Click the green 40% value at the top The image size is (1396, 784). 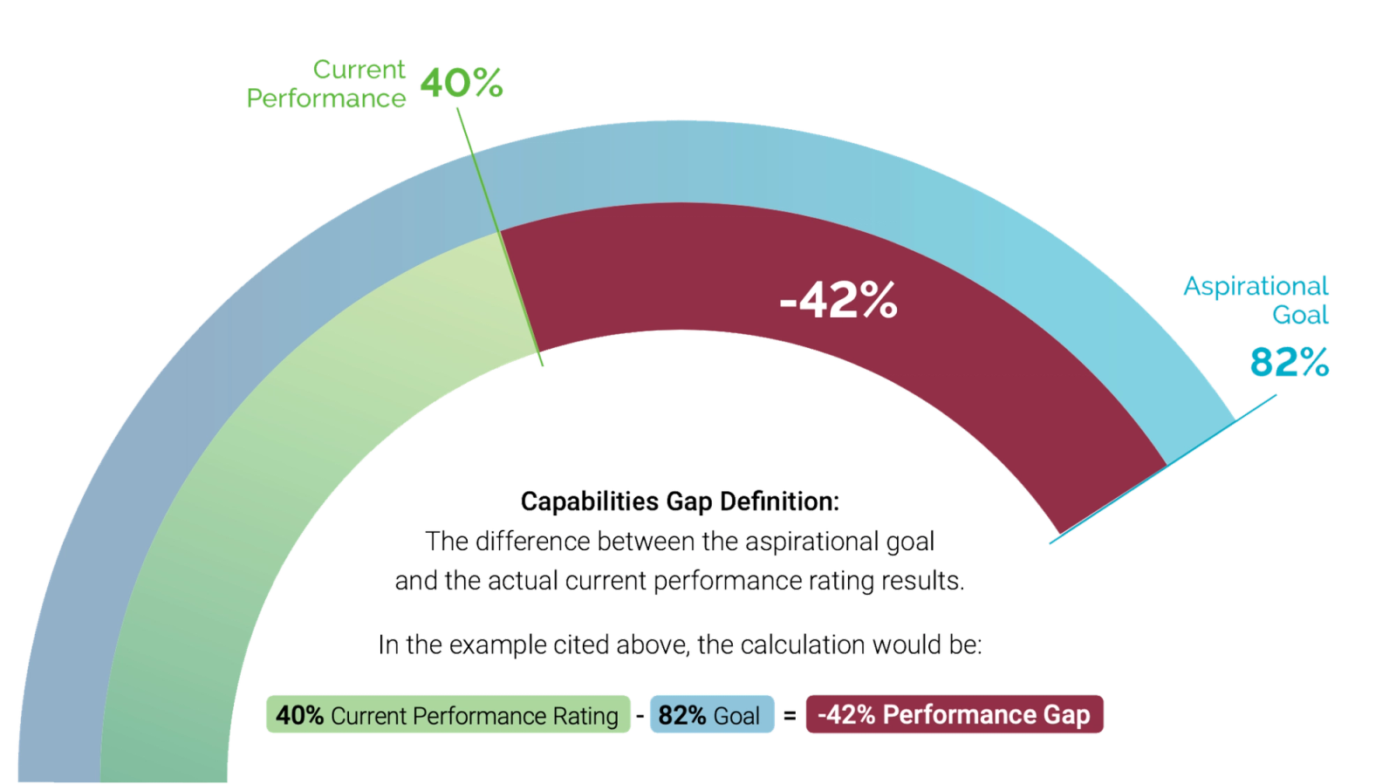click(x=462, y=83)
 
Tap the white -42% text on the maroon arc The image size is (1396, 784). click(x=838, y=301)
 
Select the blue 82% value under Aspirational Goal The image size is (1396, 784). click(x=1290, y=362)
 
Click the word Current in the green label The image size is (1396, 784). click(x=359, y=69)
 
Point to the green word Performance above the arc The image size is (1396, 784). click(x=325, y=99)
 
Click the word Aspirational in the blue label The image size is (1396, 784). click(x=1255, y=286)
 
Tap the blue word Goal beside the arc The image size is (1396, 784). click(x=1300, y=315)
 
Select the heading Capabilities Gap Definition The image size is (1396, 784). click(x=680, y=502)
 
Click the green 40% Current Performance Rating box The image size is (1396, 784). click(x=446, y=715)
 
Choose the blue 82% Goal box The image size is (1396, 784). click(x=711, y=715)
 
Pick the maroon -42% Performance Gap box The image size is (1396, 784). click(x=954, y=715)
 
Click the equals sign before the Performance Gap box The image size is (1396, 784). click(x=790, y=716)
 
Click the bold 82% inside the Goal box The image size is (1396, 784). click(x=682, y=715)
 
